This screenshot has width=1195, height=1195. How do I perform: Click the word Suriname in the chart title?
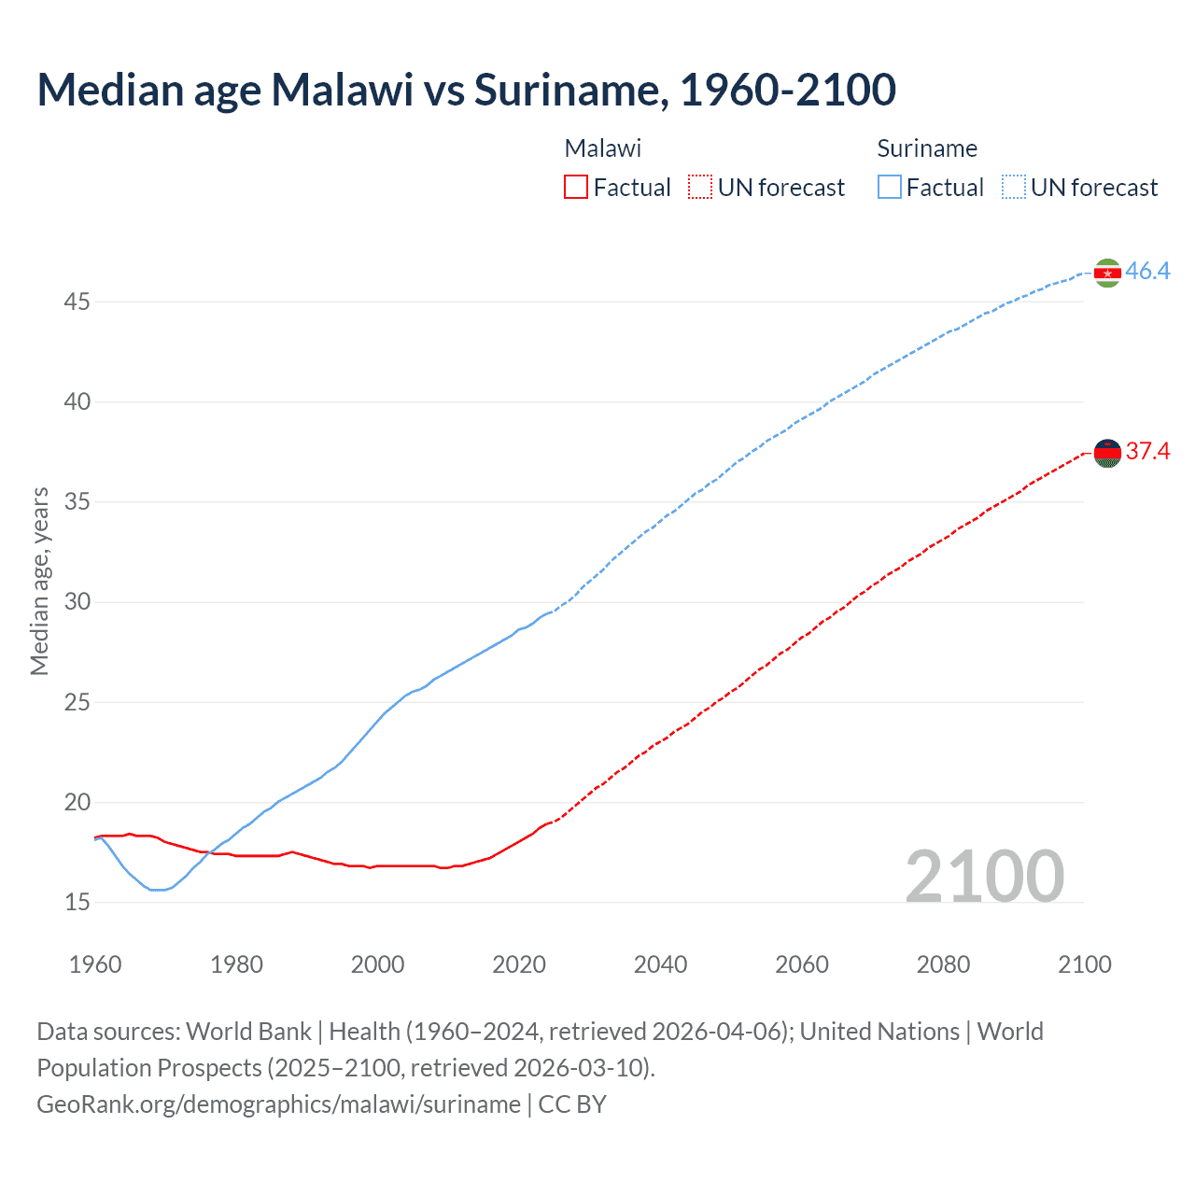pyautogui.click(x=569, y=90)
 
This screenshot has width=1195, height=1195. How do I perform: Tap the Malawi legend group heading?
pyautogui.click(x=602, y=148)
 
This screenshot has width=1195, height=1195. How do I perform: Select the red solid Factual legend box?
pyautogui.click(x=576, y=188)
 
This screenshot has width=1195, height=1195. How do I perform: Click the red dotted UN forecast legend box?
pyautogui.click(x=700, y=188)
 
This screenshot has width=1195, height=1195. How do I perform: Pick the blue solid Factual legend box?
pyautogui.click(x=890, y=188)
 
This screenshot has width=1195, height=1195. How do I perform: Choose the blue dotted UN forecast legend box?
pyautogui.click(x=1014, y=188)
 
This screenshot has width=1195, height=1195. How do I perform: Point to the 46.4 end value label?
pyautogui.click(x=1147, y=272)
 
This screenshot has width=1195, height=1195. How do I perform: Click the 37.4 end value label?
pyautogui.click(x=1147, y=452)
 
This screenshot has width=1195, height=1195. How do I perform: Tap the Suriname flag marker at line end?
pyautogui.click(x=1107, y=273)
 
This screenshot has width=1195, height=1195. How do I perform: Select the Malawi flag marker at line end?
pyautogui.click(x=1107, y=453)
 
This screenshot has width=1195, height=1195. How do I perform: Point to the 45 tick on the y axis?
pyautogui.click(x=77, y=302)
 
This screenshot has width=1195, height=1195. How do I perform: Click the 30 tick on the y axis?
pyautogui.click(x=77, y=602)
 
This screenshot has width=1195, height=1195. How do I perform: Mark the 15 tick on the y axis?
pyautogui.click(x=77, y=903)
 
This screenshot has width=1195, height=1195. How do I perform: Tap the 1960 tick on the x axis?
pyautogui.click(x=95, y=964)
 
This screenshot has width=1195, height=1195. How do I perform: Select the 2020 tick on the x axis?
pyautogui.click(x=519, y=964)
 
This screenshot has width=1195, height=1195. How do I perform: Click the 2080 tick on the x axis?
pyautogui.click(x=943, y=964)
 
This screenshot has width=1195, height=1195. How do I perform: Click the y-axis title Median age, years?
pyautogui.click(x=39, y=581)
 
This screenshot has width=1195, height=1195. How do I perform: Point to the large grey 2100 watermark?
pyautogui.click(x=984, y=876)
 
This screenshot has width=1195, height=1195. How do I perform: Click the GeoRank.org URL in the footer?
pyautogui.click(x=278, y=1104)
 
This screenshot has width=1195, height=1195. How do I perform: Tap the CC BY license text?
pyautogui.click(x=572, y=1104)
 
